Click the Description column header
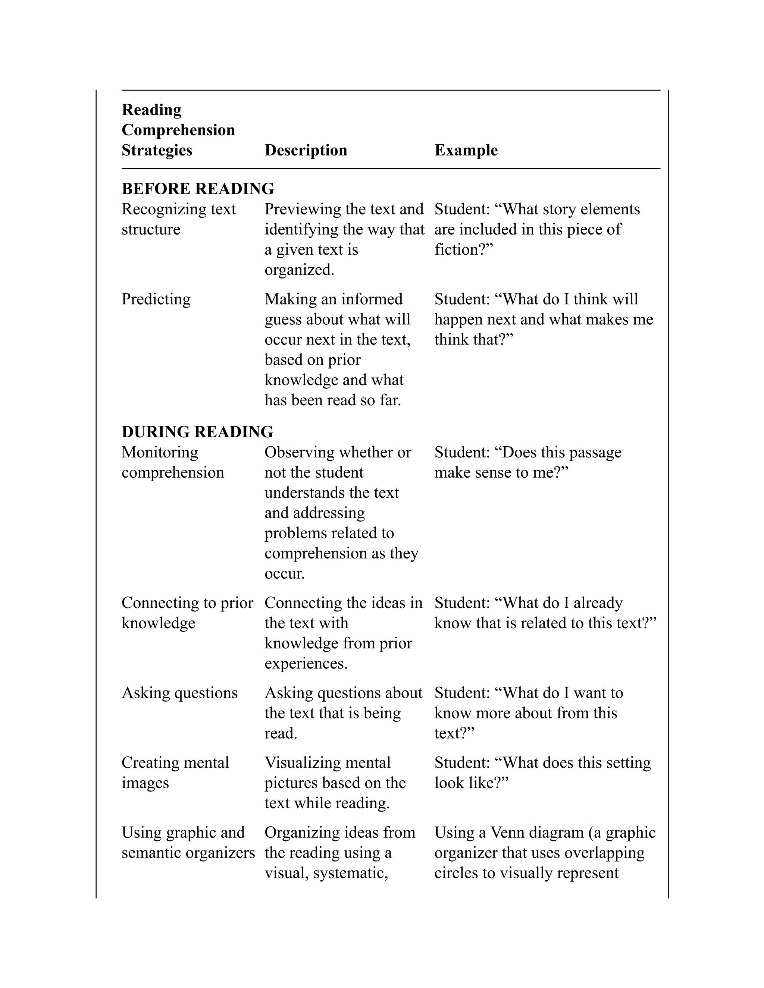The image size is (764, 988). (x=306, y=150)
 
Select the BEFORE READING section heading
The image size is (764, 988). (x=198, y=189)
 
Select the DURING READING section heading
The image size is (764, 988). (x=197, y=432)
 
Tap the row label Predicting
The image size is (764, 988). (x=156, y=299)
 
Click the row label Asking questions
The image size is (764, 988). (x=179, y=693)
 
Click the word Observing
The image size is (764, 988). (x=299, y=452)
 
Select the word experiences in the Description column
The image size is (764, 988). (x=306, y=664)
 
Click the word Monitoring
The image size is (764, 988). (x=160, y=452)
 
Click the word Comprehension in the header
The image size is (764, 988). (x=178, y=130)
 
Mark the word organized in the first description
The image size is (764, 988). (x=299, y=270)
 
